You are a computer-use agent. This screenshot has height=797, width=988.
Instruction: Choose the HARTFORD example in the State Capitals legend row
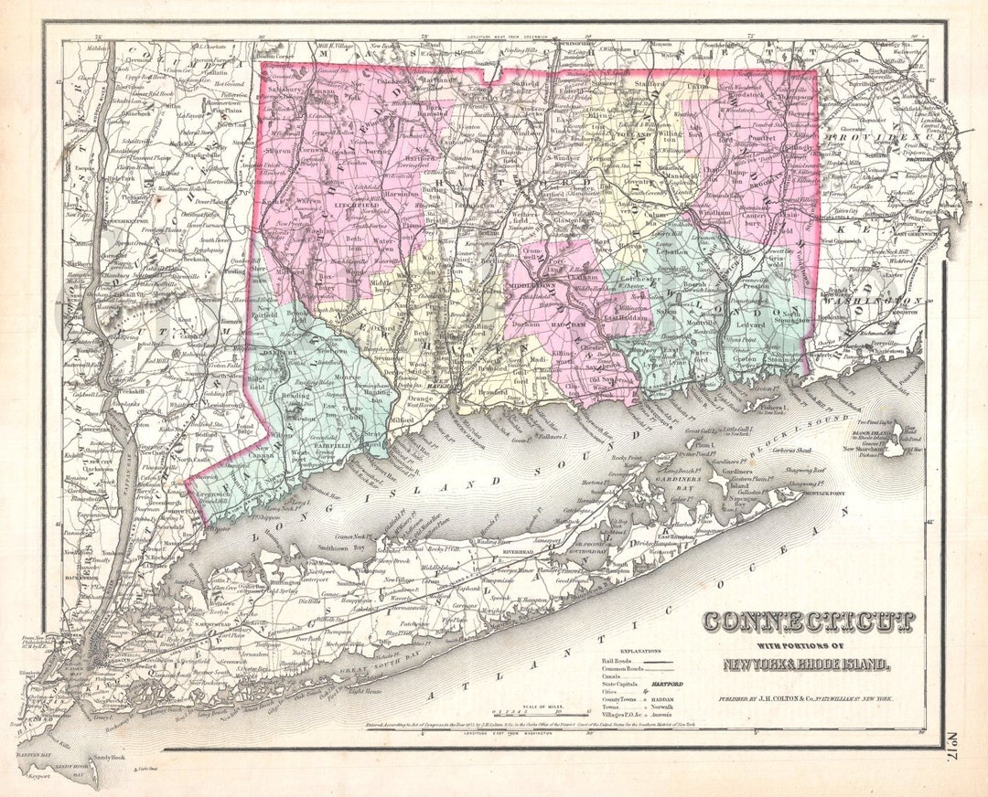pyautogui.click(x=668, y=683)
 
